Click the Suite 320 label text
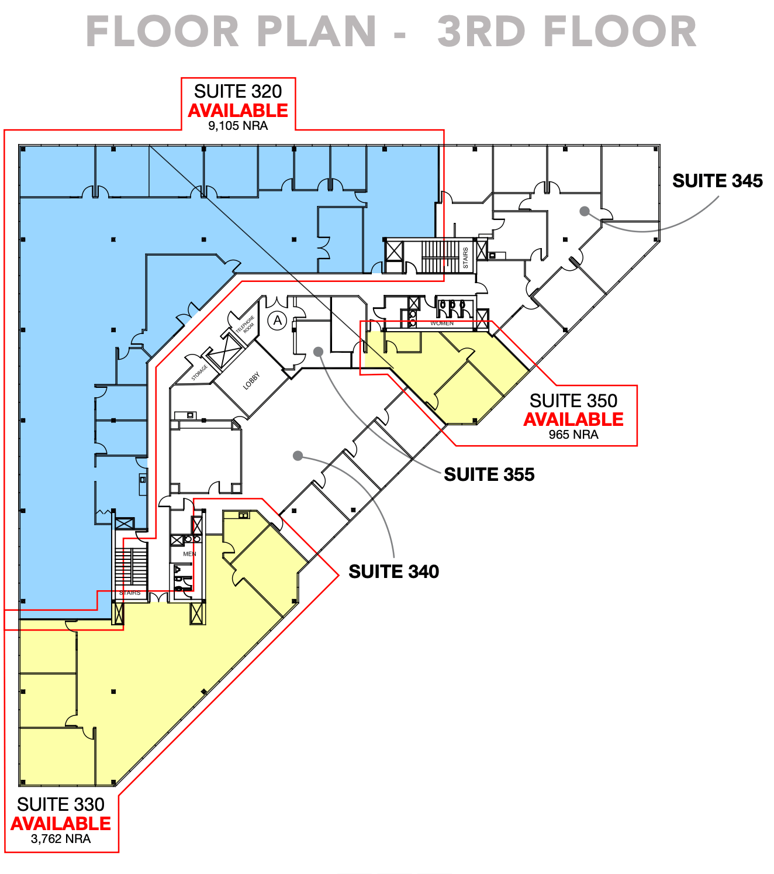(237, 91)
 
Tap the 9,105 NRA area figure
(238, 126)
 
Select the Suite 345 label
(717, 181)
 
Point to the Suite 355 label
(489, 474)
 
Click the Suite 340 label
(393, 572)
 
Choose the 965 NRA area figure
(573, 435)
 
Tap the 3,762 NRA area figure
(61, 839)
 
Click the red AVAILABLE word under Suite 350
(573, 419)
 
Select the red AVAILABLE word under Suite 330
(61, 824)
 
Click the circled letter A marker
(277, 321)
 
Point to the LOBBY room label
(252, 381)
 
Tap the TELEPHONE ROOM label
(246, 325)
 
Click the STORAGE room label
(199, 372)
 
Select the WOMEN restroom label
(441, 323)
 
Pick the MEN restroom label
(189, 554)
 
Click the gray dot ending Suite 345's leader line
(584, 211)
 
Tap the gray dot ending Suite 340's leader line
(298, 456)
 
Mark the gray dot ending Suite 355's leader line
(318, 352)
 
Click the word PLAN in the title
(317, 32)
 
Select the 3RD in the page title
(481, 32)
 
